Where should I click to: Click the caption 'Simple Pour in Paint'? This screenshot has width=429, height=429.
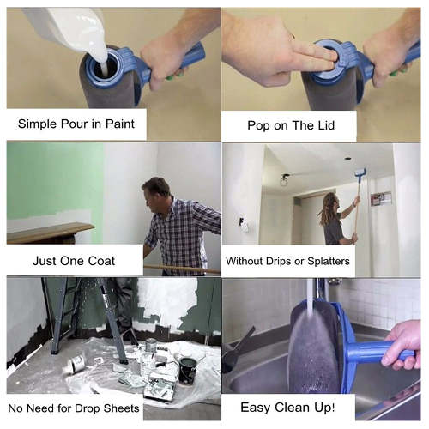tap(76, 123)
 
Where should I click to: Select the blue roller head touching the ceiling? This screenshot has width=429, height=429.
tap(360, 175)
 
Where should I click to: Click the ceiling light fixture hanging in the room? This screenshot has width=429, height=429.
tap(283, 180)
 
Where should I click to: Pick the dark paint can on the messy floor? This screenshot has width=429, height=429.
tap(187, 372)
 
